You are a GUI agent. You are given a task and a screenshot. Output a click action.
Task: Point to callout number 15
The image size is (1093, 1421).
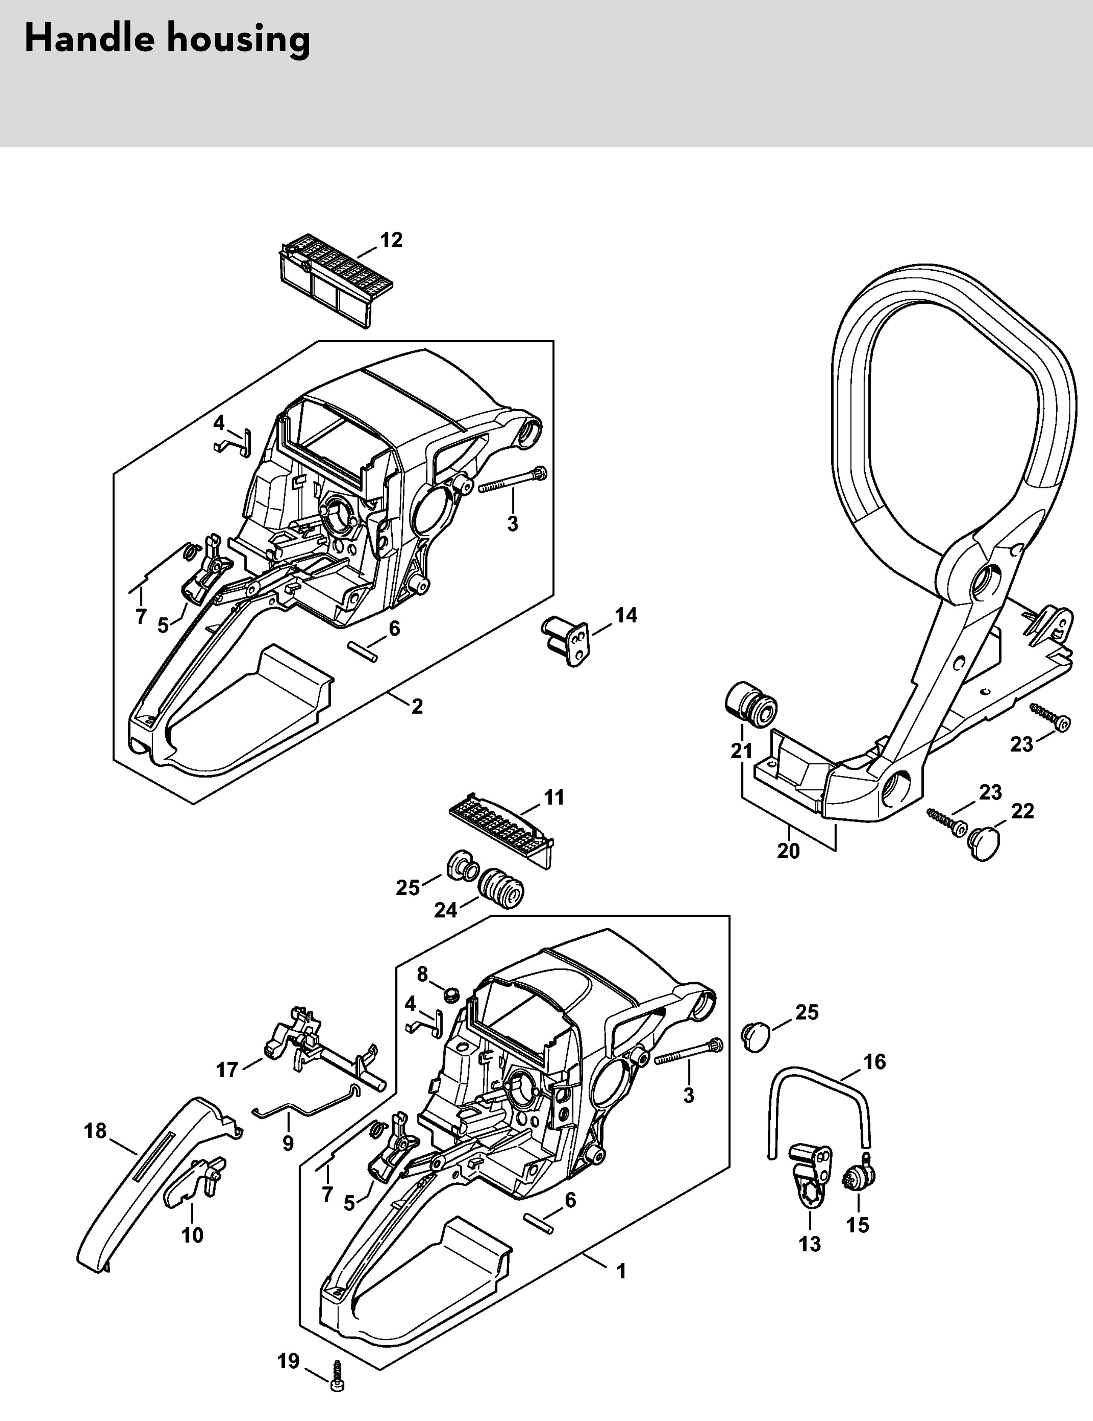click(858, 1225)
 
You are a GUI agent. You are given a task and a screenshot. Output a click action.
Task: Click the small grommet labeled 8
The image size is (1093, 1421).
click(450, 1013)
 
